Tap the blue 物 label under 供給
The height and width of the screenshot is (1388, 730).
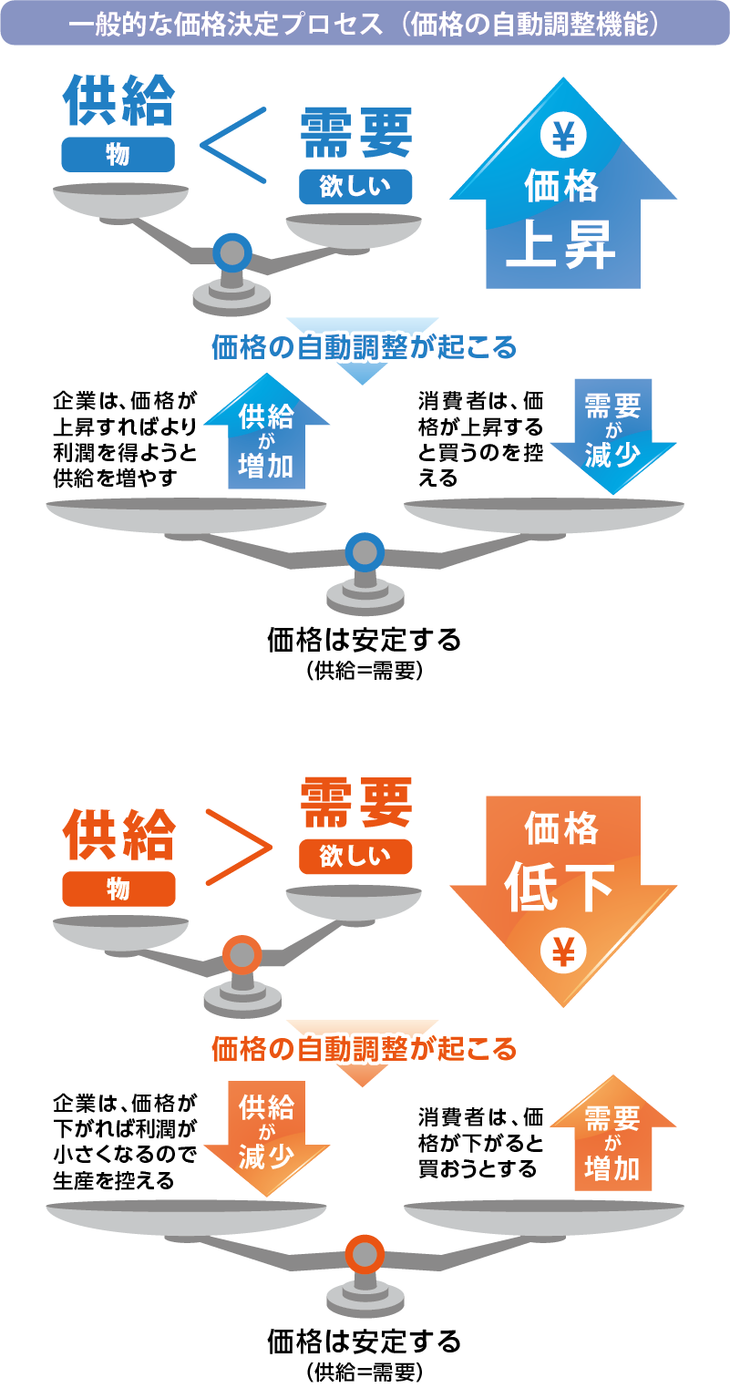(118, 155)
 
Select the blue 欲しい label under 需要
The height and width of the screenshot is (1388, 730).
(355, 187)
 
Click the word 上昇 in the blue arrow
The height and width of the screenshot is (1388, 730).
(561, 245)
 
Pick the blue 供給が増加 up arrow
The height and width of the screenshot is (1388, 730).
(266, 433)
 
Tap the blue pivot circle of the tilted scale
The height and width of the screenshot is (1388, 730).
(232, 252)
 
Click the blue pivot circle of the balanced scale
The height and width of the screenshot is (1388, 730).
(365, 552)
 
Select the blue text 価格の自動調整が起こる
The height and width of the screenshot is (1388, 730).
(365, 347)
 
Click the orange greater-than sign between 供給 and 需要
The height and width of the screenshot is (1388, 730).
(239, 847)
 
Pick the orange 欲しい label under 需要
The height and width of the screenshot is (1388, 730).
(355, 857)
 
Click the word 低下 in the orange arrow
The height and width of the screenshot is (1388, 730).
(561, 886)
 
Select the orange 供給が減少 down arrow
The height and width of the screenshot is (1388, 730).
(266, 1136)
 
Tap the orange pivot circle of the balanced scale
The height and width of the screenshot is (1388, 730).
(365, 1254)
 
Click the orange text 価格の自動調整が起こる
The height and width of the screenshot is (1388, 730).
(365, 1049)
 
